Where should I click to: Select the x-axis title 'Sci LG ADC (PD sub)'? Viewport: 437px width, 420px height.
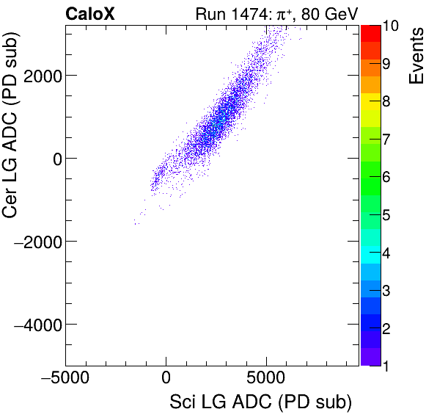coord(260,402)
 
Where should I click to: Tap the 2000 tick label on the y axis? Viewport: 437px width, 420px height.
coord(42,76)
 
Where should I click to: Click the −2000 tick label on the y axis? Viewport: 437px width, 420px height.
coord(38,242)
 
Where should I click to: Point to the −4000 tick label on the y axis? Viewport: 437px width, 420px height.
coord(38,325)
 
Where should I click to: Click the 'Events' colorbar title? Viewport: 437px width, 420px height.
coord(417,56)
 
